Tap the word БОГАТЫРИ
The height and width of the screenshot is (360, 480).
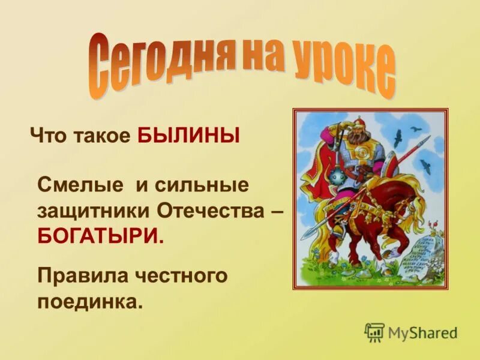(x=100, y=235)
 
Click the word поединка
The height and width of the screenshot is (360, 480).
(x=90, y=301)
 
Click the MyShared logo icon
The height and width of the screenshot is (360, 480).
(x=374, y=332)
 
